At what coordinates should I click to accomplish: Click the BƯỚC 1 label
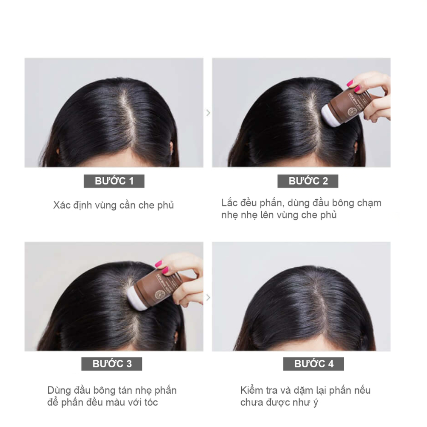click(x=114, y=181)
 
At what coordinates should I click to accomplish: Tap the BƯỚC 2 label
click(x=308, y=181)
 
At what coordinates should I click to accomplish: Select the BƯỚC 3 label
click(x=112, y=364)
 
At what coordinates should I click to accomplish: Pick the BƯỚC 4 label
click(x=313, y=364)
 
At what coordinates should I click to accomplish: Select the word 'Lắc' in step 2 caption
click(x=229, y=203)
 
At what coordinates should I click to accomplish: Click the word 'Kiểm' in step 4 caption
click(x=252, y=391)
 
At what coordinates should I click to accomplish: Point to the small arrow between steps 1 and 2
click(x=208, y=113)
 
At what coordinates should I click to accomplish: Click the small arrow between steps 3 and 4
click(x=208, y=297)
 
